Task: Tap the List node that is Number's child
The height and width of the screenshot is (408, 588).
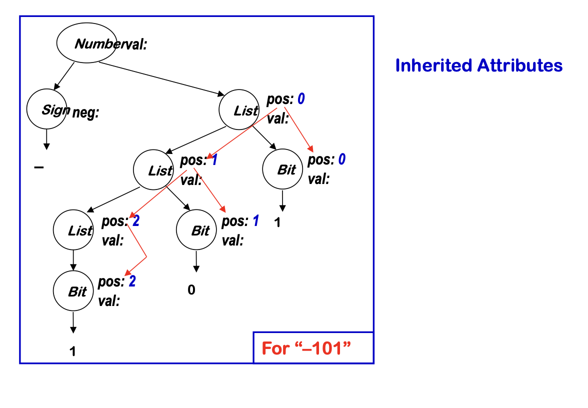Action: tap(239, 110)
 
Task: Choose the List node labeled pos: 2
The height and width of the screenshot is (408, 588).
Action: tap(73, 230)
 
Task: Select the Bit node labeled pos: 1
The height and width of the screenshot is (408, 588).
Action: tap(196, 230)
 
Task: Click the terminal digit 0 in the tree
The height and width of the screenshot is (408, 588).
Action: tap(191, 289)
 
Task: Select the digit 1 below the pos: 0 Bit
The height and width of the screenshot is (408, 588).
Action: tap(277, 223)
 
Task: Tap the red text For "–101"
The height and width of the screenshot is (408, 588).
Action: tap(305, 348)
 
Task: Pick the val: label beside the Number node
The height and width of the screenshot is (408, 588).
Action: tap(132, 44)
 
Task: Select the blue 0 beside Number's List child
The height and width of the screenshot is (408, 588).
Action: tap(301, 99)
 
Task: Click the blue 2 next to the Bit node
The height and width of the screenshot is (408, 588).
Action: tap(132, 281)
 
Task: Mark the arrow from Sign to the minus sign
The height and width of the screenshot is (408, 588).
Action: tap(46, 139)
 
